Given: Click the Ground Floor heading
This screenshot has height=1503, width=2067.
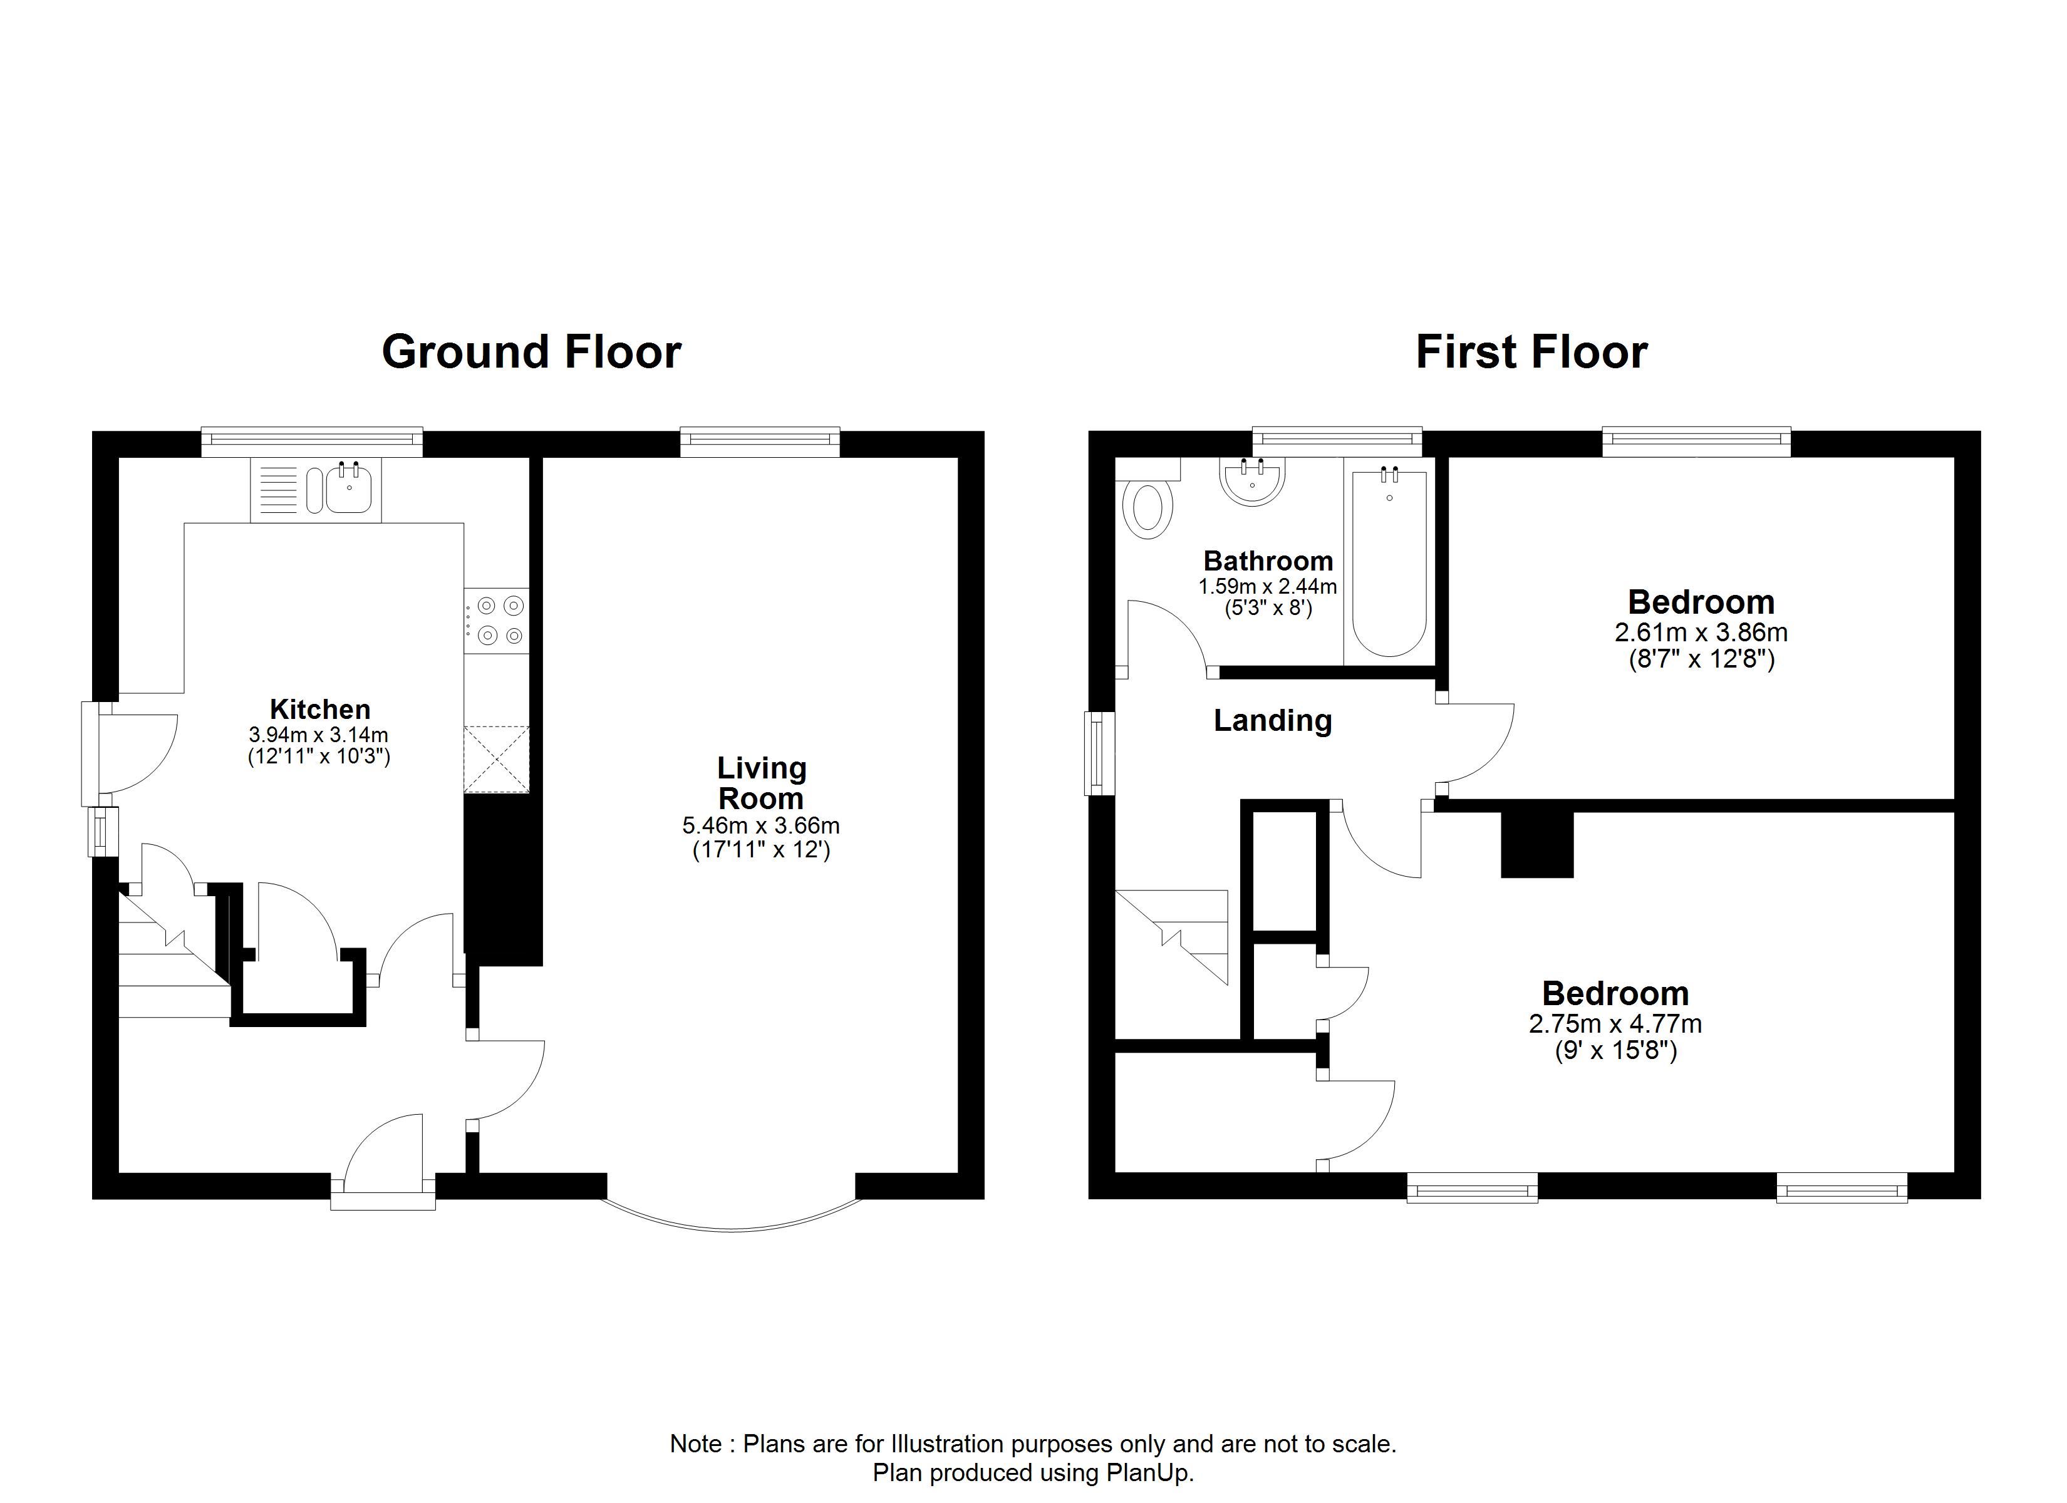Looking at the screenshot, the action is click(x=531, y=353).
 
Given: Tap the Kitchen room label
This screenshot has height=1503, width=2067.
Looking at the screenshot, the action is click(x=320, y=709).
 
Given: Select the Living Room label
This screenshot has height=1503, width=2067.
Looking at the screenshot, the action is click(x=761, y=783).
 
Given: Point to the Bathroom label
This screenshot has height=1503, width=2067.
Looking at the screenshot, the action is click(x=1268, y=560).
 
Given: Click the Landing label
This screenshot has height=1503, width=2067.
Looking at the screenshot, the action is click(x=1272, y=721).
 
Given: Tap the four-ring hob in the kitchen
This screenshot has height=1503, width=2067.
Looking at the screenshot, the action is click(x=496, y=620).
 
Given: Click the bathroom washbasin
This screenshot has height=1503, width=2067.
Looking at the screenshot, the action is click(x=1253, y=481).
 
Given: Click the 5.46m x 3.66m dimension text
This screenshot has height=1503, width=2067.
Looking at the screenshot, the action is click(x=761, y=827).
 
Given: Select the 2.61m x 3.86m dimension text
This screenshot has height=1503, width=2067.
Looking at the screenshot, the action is click(x=1701, y=633).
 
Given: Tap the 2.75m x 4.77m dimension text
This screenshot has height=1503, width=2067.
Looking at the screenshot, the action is click(x=1615, y=1023).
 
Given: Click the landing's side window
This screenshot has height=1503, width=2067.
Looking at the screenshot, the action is click(x=1100, y=753).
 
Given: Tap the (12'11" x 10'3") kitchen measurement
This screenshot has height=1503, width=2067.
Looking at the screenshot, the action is click(x=319, y=757).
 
